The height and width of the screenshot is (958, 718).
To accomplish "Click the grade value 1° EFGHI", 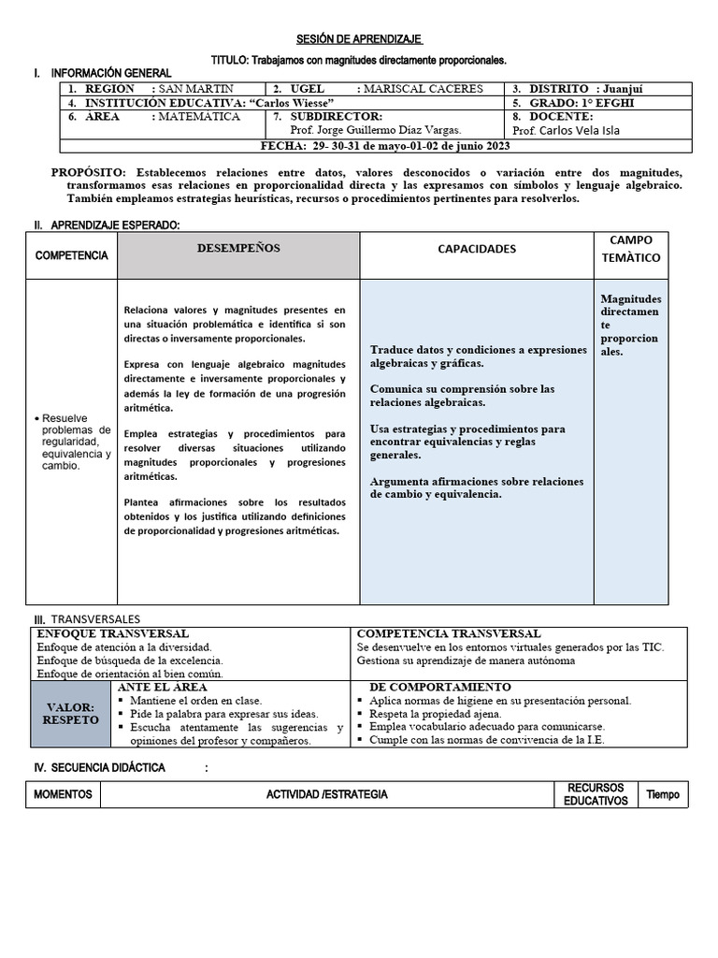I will tap(614, 103).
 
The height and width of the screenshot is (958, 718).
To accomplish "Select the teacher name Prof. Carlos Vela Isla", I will tap(566, 131).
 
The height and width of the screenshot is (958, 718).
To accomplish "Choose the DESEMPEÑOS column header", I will tap(237, 248).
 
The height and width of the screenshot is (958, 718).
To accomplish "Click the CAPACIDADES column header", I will tap(477, 249).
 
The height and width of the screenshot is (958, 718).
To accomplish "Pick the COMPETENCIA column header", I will tap(72, 255).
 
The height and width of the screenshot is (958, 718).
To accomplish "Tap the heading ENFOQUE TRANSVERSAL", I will tap(112, 633).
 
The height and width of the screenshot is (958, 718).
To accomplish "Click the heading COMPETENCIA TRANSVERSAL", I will tap(449, 633).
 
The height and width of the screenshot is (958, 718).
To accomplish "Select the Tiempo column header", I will tap(663, 795).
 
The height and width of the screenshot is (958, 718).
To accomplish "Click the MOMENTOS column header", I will tap(63, 795).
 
